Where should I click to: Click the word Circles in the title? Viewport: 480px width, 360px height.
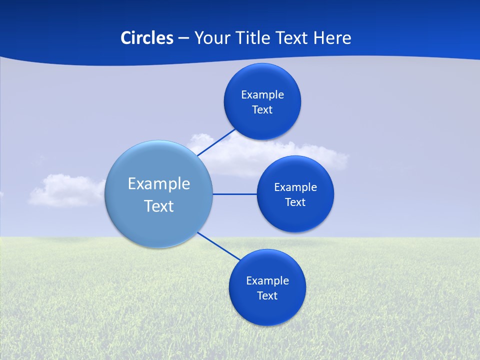click(x=146, y=38)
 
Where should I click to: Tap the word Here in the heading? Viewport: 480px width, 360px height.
click(x=332, y=38)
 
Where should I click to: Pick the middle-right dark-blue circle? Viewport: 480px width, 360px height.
click(x=295, y=217)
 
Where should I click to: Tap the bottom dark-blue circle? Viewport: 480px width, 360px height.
click(x=267, y=310)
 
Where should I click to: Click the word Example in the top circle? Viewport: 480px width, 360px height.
click(x=262, y=95)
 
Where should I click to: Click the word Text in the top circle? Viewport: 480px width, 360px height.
click(x=262, y=110)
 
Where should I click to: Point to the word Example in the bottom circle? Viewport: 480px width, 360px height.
click(x=267, y=281)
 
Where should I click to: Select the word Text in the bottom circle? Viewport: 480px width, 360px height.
click(x=267, y=296)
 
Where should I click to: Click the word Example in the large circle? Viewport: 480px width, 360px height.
click(x=159, y=183)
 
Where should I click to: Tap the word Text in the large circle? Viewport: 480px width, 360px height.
click(x=159, y=206)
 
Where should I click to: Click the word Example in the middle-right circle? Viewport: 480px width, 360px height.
click(x=295, y=187)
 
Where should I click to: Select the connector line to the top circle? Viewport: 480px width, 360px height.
click(x=216, y=142)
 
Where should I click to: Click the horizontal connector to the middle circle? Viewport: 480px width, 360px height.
click(x=235, y=194)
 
